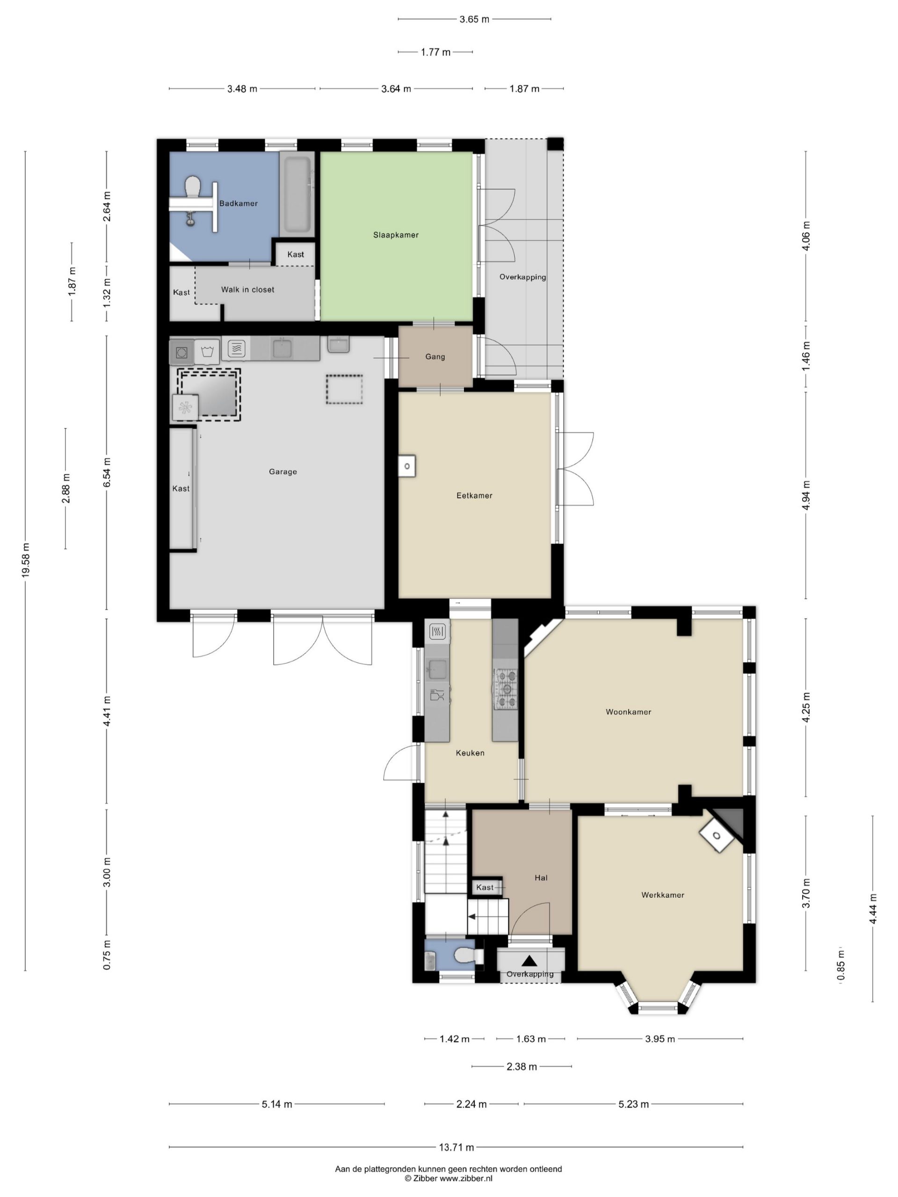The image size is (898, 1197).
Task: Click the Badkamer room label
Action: click(238, 203)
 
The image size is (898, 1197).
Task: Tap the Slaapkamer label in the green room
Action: click(396, 235)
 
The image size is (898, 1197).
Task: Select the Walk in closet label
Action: click(247, 289)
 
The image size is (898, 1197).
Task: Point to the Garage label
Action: click(282, 471)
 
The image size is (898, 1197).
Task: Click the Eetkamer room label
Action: click(474, 495)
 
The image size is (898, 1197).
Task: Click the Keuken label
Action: click(470, 753)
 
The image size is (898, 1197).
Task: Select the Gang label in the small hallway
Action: click(435, 357)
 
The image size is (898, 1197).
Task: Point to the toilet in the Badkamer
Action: click(192, 188)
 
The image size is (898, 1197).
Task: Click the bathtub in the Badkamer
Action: click(297, 194)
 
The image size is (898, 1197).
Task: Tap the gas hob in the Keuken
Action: click(505, 689)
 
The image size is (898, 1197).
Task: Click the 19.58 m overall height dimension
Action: click(25, 561)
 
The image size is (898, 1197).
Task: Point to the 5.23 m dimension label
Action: click(633, 1104)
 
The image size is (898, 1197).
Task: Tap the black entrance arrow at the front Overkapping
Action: click(529, 961)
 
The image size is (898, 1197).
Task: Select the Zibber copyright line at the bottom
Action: click(449, 1178)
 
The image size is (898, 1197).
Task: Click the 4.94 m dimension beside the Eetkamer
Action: click(806, 495)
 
